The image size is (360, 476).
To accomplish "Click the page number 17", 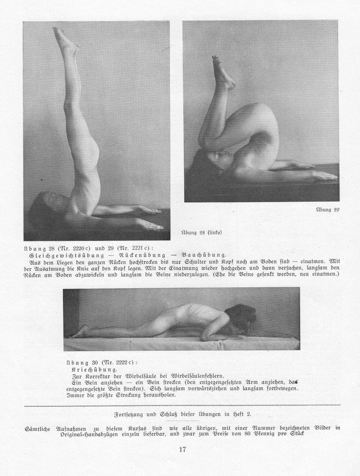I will pyautogui.click(x=182, y=449).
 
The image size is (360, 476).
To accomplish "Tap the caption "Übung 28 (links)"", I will pyautogui.click(x=202, y=232).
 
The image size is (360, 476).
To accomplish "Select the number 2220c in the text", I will pyautogui.click(x=80, y=248).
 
